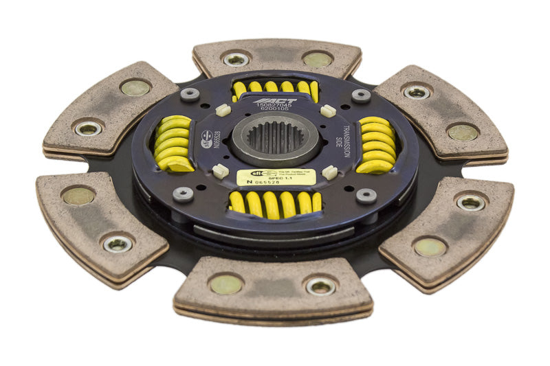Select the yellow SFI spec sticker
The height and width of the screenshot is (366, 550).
[x=276, y=177]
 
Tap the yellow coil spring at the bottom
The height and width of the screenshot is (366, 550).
[x=275, y=203]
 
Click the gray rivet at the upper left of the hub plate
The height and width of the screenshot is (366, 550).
[x=190, y=94]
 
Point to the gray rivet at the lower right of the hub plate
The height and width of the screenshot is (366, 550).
[x=366, y=196]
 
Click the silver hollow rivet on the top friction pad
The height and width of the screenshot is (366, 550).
[x=236, y=60]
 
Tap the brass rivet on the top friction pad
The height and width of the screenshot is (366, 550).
[x=317, y=60]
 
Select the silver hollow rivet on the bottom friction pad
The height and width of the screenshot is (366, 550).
[x=320, y=286]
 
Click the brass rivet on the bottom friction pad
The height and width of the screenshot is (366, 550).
[x=226, y=284]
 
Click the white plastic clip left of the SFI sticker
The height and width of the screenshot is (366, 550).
[x=220, y=171]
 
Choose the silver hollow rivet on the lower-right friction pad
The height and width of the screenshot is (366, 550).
[x=471, y=203]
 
